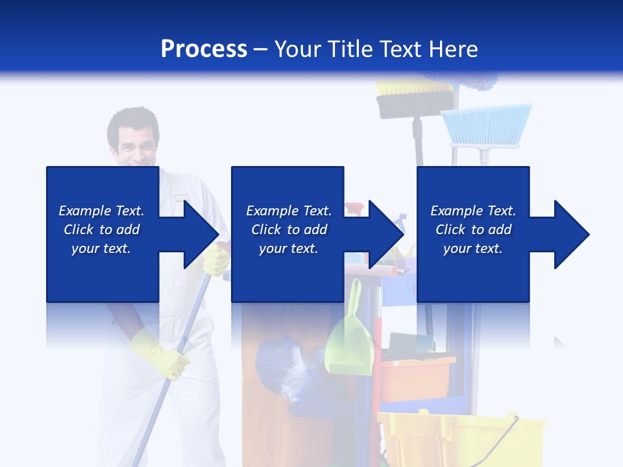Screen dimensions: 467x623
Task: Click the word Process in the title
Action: tap(204, 49)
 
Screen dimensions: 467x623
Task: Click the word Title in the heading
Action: tap(354, 49)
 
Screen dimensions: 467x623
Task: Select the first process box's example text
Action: tap(101, 230)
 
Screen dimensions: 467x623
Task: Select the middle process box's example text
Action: tap(289, 230)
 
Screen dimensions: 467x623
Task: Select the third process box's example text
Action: tap(473, 230)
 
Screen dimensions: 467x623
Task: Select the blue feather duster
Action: tap(286, 363)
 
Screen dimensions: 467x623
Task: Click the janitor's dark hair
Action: tap(132, 120)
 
